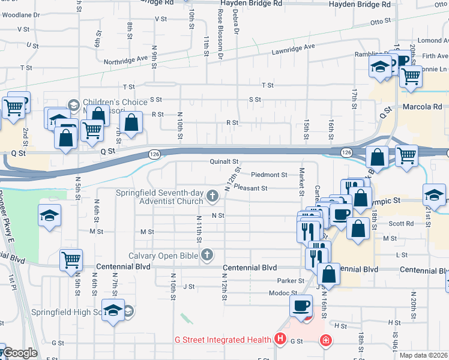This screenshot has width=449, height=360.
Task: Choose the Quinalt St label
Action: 224,161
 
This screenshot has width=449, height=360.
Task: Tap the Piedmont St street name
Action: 269,175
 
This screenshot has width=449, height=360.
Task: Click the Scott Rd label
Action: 402,223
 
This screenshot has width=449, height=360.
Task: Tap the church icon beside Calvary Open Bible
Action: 207,256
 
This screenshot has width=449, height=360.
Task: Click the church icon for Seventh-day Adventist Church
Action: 212,196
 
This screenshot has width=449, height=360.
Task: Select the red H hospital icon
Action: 280,340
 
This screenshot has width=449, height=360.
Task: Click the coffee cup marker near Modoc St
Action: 301,305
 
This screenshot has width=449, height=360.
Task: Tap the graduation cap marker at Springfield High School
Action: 112,311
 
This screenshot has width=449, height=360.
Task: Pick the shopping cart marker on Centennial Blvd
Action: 71,260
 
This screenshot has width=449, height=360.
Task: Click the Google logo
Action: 19,353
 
